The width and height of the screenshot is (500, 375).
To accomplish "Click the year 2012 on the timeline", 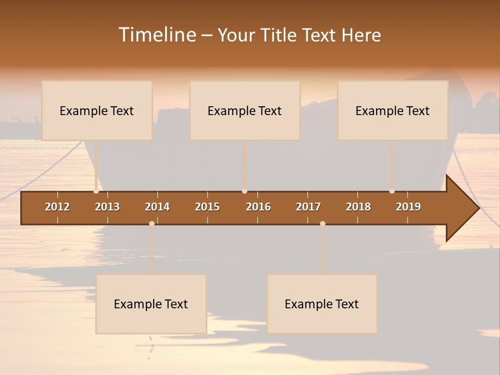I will tap(57, 207).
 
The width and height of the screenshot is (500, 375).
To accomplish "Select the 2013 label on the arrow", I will tap(107, 207).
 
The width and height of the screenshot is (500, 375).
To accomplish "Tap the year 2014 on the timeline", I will tap(157, 207).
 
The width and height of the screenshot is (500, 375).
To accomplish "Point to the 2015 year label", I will tap(207, 207).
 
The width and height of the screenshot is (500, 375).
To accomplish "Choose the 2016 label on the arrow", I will tap(258, 207).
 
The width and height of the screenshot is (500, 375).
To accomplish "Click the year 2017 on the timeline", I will tap(308, 207).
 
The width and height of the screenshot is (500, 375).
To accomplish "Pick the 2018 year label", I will tap(358, 207).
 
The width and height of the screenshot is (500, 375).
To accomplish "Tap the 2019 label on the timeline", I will tap(408, 207).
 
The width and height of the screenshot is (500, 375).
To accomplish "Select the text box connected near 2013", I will tap(97, 110).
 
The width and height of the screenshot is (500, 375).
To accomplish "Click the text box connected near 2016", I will tap(245, 110).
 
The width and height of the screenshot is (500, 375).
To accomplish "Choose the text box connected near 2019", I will tap(393, 110).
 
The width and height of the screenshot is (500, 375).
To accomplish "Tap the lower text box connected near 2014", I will tap(151, 304).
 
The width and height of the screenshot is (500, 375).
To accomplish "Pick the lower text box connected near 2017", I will tap(322, 304).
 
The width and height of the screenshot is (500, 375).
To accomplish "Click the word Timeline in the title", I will tap(156, 35).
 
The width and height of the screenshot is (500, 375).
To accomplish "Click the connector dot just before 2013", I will tap(96, 191).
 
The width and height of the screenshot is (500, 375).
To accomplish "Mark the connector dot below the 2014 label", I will tap(152, 223).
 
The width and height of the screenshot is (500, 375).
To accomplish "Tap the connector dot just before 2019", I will tap(392, 191).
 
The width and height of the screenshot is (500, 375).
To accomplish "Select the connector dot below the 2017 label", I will tap(322, 223).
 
